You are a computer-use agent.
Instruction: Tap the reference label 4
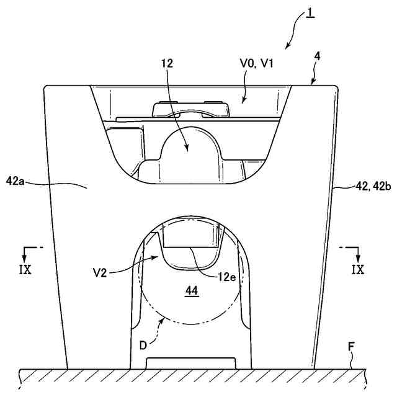click(x=317, y=56)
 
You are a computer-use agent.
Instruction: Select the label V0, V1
click(x=257, y=63)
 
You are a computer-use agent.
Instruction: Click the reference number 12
click(x=167, y=63)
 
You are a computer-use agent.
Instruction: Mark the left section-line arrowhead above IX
click(x=26, y=257)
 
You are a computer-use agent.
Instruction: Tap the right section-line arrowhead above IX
click(x=357, y=257)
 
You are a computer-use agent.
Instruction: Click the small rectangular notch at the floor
click(x=190, y=362)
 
